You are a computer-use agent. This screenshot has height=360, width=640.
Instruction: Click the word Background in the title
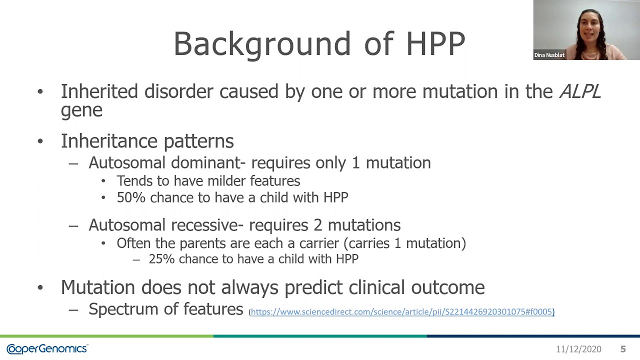[x=262, y=44]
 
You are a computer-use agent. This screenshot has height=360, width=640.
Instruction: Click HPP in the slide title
[x=435, y=44]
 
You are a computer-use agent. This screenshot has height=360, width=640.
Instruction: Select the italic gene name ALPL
[x=579, y=92]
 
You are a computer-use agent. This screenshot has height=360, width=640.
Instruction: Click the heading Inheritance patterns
[x=147, y=141]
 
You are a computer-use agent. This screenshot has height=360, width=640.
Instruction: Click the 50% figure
[x=131, y=197]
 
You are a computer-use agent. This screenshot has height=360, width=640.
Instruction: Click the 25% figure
[x=161, y=259]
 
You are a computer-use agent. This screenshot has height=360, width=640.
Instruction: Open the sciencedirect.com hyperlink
[x=401, y=312]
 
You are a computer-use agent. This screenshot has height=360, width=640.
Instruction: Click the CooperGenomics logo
[x=47, y=349]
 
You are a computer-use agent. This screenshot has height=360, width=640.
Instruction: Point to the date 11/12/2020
[x=578, y=349]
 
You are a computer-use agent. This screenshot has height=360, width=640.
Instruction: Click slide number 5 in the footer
[x=623, y=349]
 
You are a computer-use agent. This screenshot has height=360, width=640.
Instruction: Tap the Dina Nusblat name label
[x=549, y=55]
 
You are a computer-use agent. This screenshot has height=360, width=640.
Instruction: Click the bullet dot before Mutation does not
[x=40, y=287]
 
